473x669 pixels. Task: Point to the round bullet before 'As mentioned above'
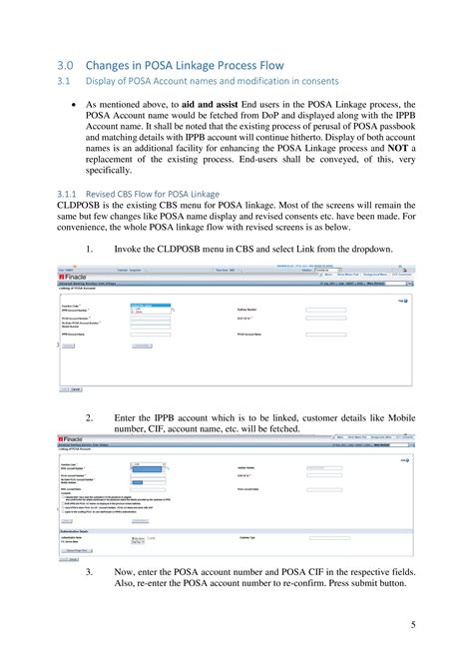click(x=76, y=103)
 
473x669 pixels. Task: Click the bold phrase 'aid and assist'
click(x=219, y=103)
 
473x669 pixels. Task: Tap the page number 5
click(x=412, y=625)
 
